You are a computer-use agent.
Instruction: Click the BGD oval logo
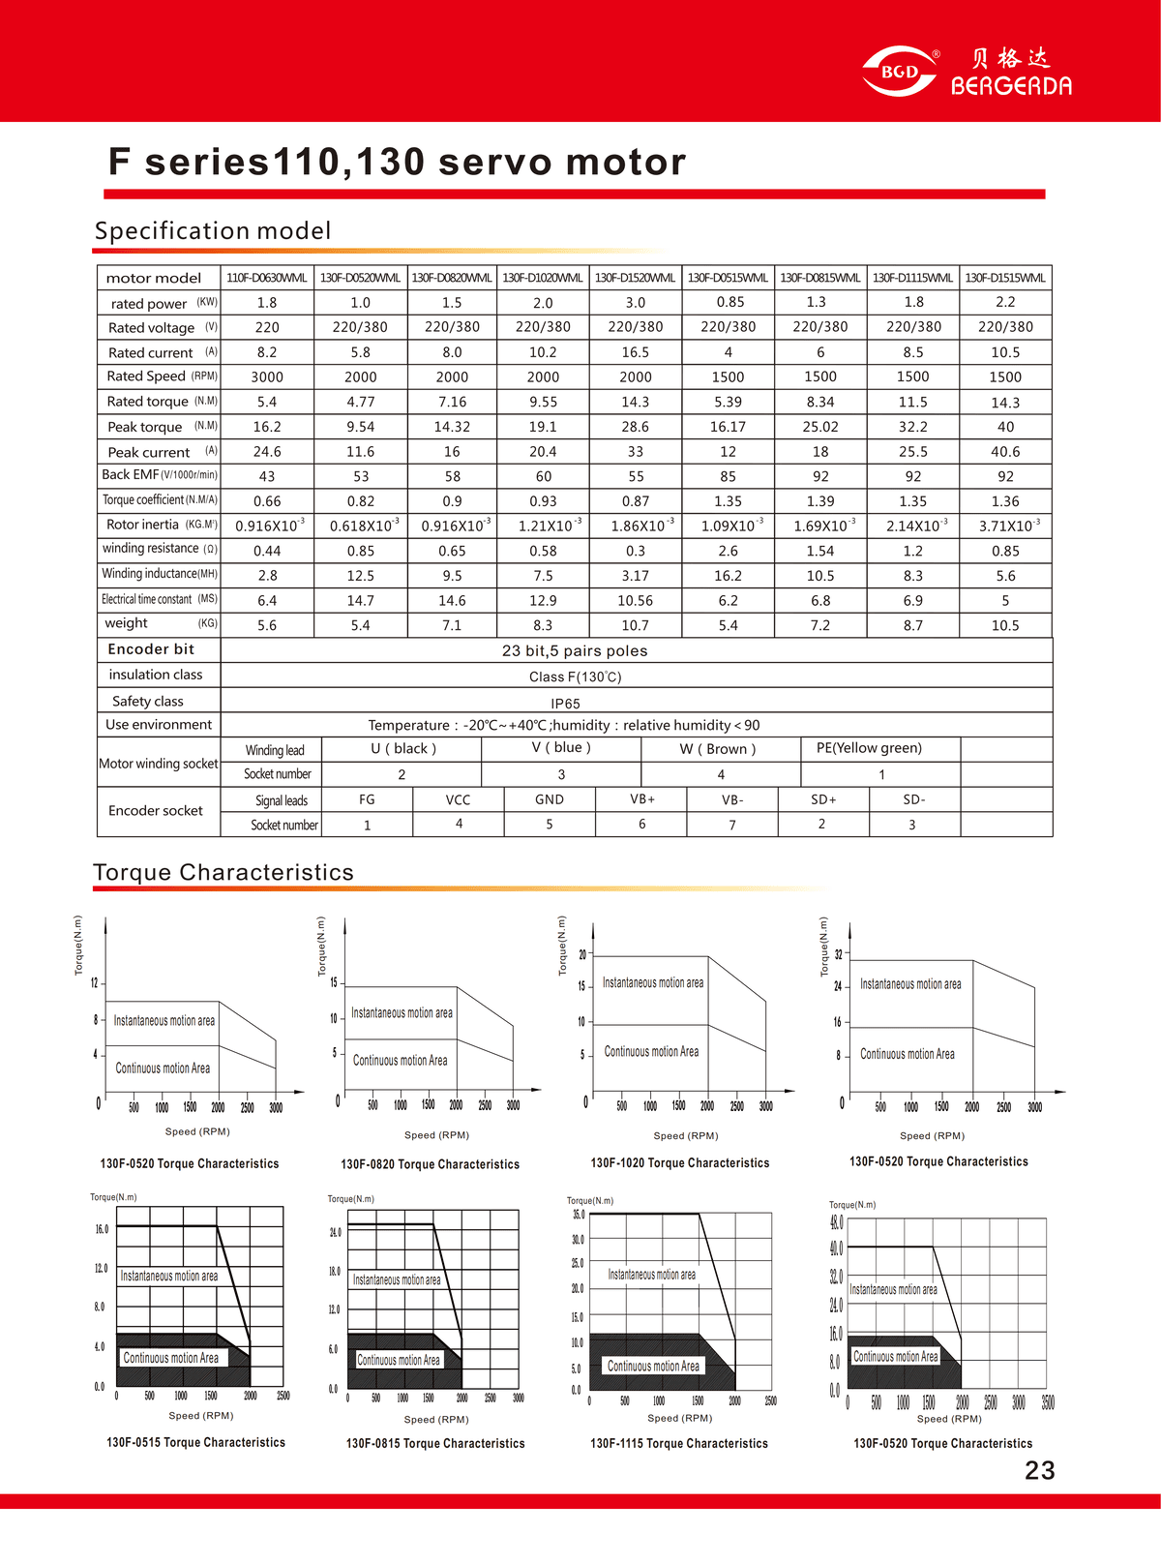(900, 72)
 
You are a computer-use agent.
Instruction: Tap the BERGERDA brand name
(1011, 86)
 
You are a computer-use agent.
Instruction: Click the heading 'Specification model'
(213, 231)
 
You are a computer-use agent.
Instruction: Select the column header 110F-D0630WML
(267, 278)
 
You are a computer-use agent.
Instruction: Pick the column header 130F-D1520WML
(635, 278)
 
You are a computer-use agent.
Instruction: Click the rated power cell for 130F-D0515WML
(728, 302)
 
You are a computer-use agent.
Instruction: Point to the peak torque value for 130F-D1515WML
(1005, 427)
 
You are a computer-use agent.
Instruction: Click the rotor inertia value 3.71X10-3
(1006, 526)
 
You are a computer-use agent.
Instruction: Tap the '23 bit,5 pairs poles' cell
(575, 650)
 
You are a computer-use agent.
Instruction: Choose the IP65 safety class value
(565, 704)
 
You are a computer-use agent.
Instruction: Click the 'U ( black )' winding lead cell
(402, 749)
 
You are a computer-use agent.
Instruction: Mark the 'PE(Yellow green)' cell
(869, 748)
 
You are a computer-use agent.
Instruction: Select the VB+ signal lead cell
(642, 799)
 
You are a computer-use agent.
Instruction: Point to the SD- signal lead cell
(913, 799)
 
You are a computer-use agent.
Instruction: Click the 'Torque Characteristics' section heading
(223, 873)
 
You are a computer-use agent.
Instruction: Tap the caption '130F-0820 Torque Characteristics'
(430, 1164)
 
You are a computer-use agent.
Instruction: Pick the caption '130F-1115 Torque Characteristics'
(679, 1443)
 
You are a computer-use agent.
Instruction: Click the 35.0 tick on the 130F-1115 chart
(579, 1215)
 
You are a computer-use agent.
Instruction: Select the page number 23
(1039, 1471)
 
